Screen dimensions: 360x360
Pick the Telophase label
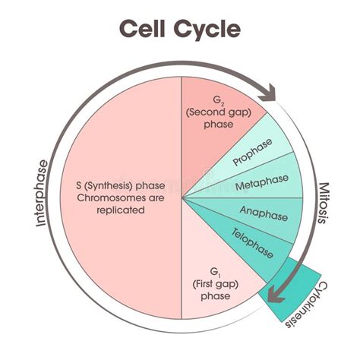[251, 241]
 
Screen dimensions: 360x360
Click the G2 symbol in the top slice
[218, 99]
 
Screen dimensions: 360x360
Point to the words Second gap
[218, 112]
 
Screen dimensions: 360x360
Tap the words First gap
[218, 283]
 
